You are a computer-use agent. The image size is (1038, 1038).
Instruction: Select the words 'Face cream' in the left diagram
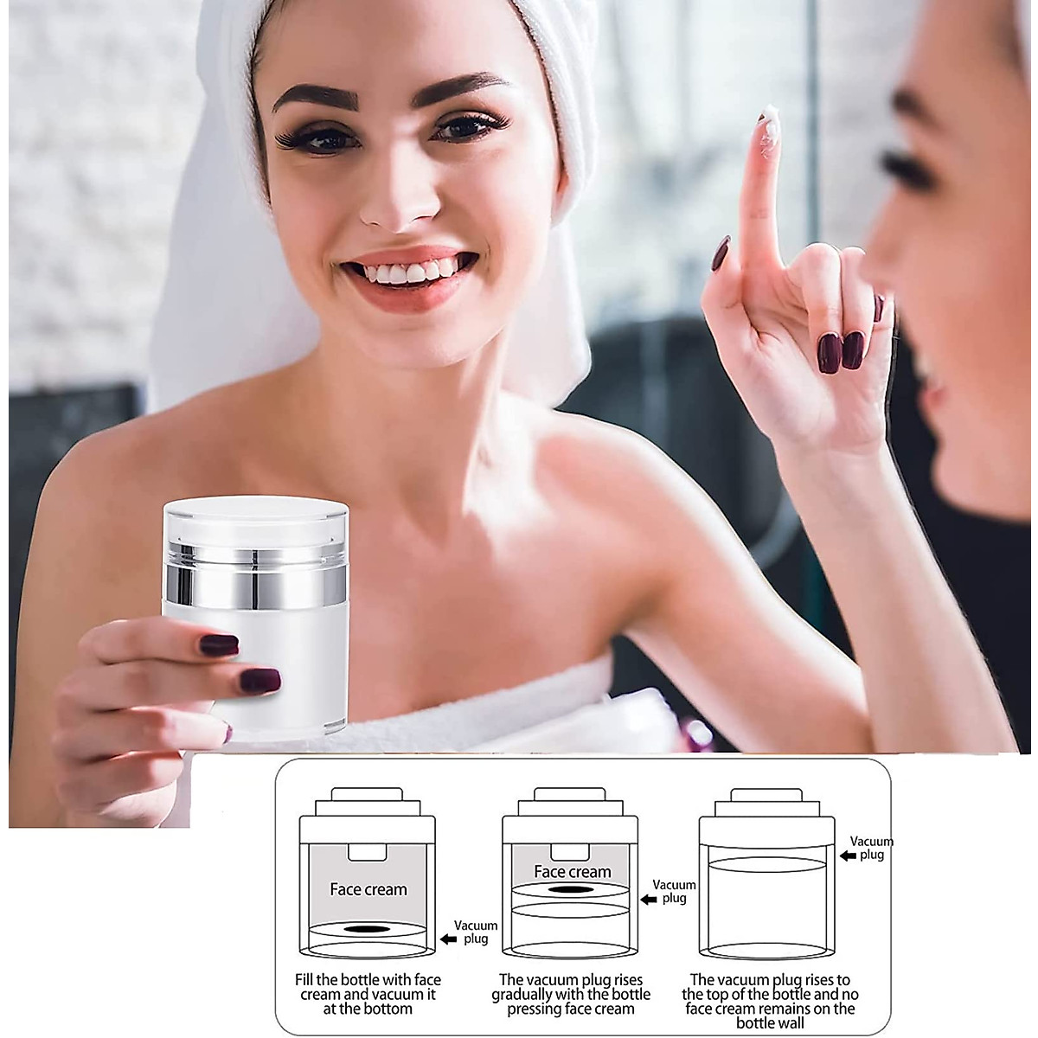tap(368, 889)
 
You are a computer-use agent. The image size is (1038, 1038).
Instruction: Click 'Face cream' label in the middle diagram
tap(572, 872)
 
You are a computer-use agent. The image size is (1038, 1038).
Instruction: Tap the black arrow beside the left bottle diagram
tap(447, 938)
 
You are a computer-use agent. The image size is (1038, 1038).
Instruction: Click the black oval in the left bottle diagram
tap(368, 930)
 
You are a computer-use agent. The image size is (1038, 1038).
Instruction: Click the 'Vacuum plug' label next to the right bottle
tap(871, 848)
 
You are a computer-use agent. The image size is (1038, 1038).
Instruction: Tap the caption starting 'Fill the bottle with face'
tap(368, 994)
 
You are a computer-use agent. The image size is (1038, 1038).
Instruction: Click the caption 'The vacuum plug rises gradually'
tap(571, 994)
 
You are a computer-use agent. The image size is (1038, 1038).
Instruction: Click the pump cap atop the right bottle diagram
tap(766, 796)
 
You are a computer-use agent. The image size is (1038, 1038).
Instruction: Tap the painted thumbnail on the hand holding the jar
tap(220, 644)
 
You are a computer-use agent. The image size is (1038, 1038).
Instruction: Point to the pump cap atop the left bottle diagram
tap(368, 796)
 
